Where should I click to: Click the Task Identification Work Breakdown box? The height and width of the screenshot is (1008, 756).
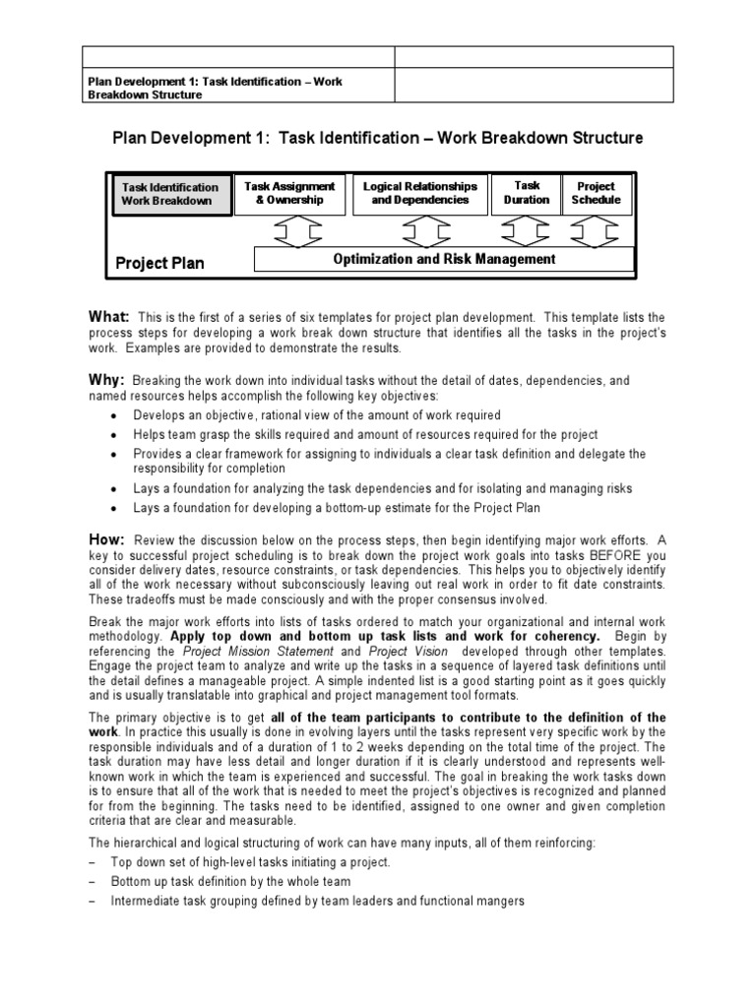click(170, 194)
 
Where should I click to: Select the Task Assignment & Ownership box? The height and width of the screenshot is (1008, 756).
click(289, 193)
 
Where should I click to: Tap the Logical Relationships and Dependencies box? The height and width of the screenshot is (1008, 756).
click(420, 193)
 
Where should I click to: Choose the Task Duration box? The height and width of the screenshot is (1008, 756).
click(527, 193)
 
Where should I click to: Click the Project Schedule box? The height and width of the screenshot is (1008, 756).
click(596, 193)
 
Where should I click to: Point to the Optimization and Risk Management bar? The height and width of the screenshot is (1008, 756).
click(444, 260)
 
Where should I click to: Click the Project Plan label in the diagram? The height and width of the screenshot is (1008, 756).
click(160, 263)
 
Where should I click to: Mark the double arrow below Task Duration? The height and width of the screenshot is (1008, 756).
click(527, 231)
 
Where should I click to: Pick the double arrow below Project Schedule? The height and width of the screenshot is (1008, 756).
click(596, 231)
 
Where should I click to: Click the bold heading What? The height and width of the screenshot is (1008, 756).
click(109, 316)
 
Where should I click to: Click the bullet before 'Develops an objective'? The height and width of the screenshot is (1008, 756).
click(115, 416)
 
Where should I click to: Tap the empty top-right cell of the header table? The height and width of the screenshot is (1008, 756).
click(535, 57)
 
